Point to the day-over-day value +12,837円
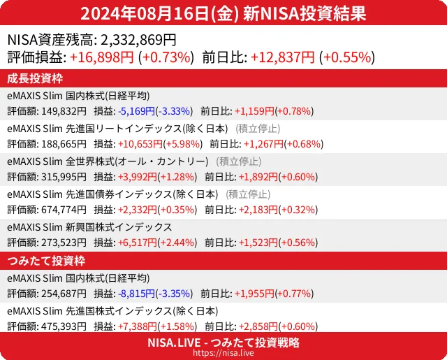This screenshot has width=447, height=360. [x=283, y=57]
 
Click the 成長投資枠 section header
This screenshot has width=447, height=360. [x=36, y=78]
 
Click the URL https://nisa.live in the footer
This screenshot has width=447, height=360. [x=223, y=354]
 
